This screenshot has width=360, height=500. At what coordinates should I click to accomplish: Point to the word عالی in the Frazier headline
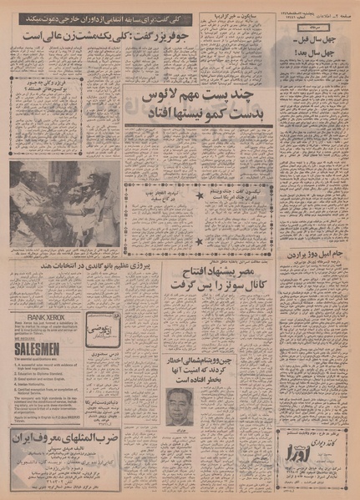tap(39, 36)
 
